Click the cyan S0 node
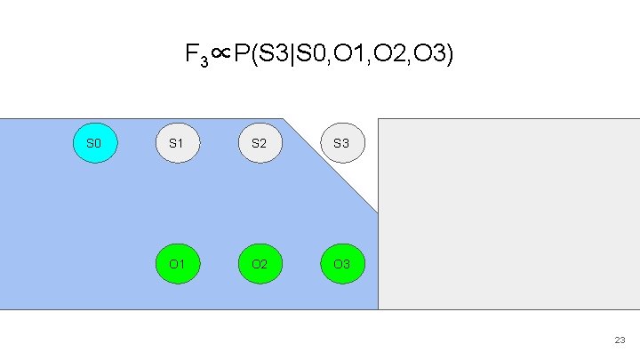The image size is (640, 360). pyautogui.click(x=93, y=142)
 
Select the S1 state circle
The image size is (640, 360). pyautogui.click(x=176, y=142)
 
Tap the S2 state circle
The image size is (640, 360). pyautogui.click(x=259, y=142)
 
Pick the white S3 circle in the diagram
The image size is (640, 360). pyautogui.click(x=341, y=142)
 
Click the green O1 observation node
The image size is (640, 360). pyautogui.click(x=176, y=264)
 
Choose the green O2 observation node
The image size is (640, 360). pyautogui.click(x=259, y=264)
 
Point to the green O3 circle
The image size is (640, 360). pyautogui.click(x=341, y=264)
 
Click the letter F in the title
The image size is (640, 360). pyautogui.click(x=191, y=55)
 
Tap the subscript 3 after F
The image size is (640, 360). pyautogui.click(x=204, y=61)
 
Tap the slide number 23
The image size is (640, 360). pyautogui.click(x=620, y=340)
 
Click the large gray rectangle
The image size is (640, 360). pyautogui.click(x=508, y=213)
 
